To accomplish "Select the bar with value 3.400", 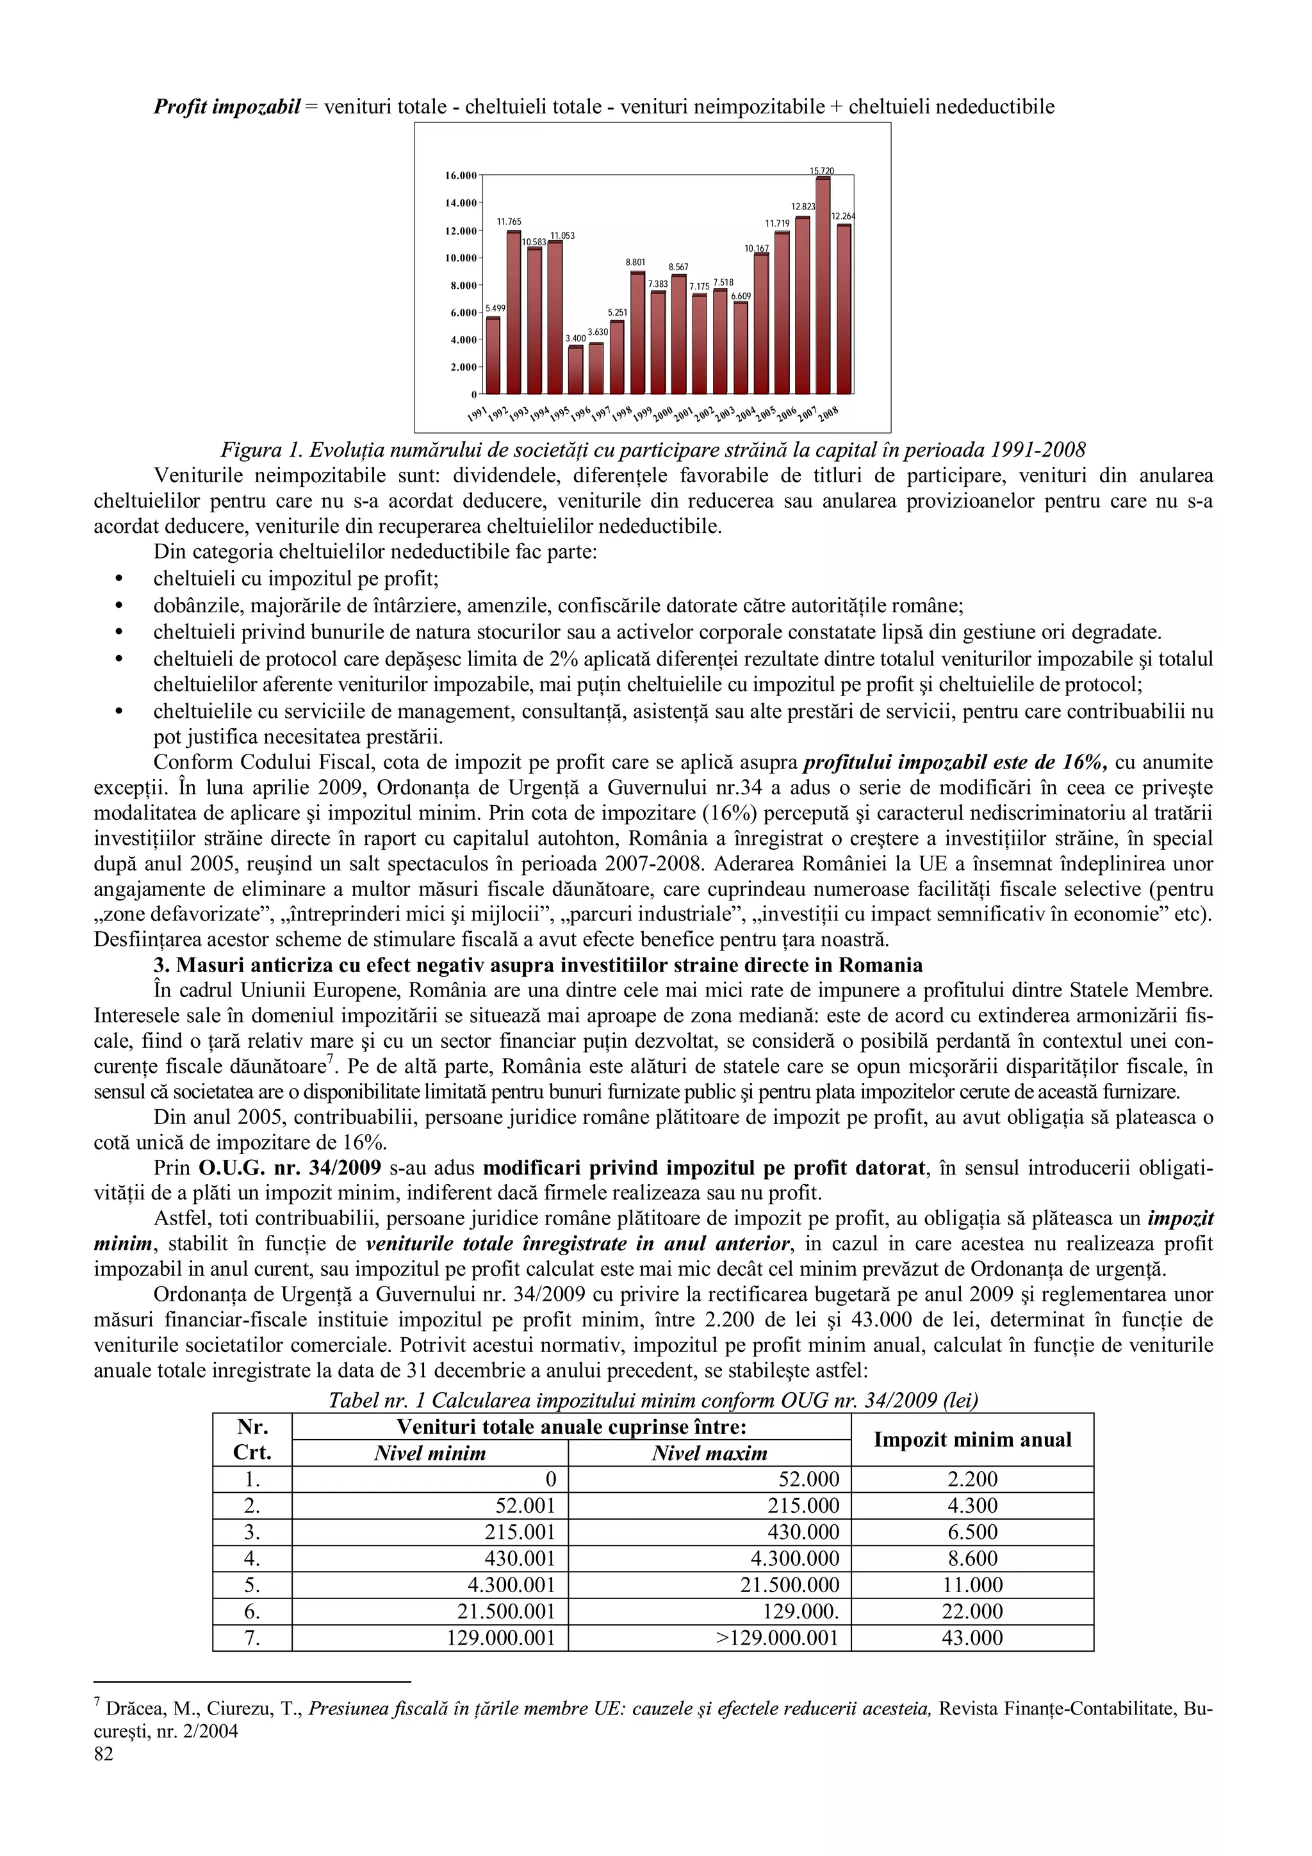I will [575, 370].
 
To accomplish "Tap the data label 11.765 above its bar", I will [509, 221].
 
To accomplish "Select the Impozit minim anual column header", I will [972, 1439].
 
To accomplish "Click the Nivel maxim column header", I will [709, 1453].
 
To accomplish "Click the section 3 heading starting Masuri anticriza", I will [537, 965].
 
